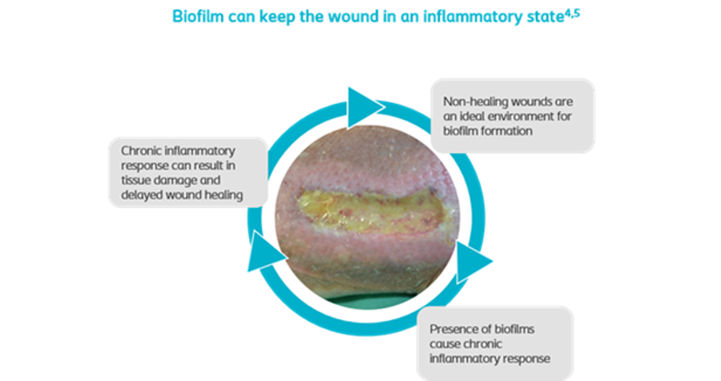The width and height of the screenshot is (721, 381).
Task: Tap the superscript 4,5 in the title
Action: (573, 13)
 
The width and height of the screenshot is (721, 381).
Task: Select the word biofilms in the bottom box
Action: (514, 330)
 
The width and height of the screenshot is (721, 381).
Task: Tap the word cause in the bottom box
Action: (445, 344)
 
